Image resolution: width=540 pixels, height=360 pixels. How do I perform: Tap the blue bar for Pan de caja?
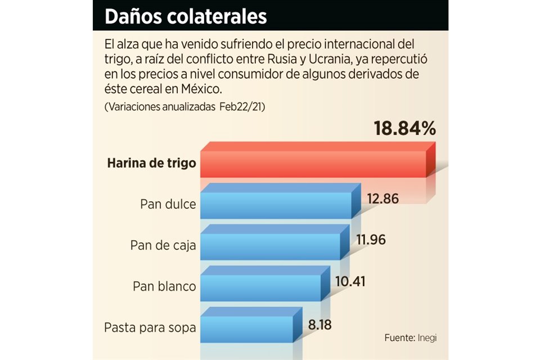(x=271, y=246)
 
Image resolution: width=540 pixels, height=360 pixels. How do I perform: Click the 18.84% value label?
(x=404, y=129)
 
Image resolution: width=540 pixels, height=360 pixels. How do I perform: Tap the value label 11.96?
(x=371, y=240)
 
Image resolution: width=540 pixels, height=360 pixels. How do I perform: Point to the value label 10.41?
(x=350, y=281)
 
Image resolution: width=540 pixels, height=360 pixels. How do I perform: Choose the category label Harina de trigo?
(x=152, y=164)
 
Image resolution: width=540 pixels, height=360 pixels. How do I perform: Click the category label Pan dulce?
(x=168, y=204)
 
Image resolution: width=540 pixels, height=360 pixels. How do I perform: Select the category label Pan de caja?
(x=163, y=245)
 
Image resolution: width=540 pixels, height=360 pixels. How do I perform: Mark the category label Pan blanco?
(x=164, y=286)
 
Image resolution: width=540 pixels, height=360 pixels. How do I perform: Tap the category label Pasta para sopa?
(x=150, y=327)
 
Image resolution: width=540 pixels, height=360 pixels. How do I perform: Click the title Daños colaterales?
(x=186, y=17)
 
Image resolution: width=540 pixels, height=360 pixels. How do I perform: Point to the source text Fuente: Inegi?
(x=410, y=338)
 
